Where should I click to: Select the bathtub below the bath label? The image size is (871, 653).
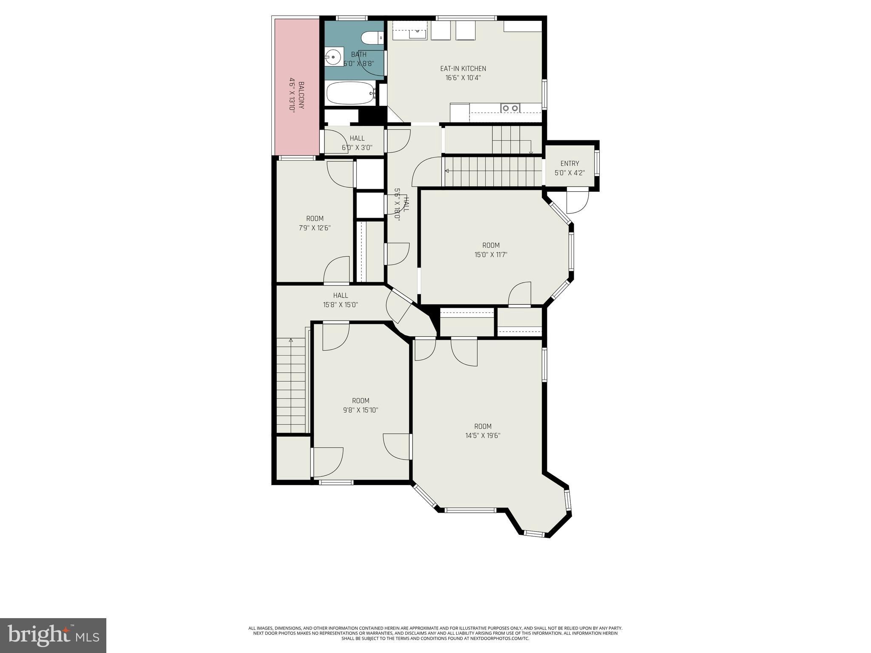(x=350, y=94)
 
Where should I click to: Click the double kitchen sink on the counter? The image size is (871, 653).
(x=510, y=108)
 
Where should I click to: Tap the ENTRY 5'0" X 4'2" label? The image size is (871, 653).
(x=569, y=168)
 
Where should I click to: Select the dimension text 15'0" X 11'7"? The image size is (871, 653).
(x=491, y=255)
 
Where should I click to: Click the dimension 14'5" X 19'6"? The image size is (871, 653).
(x=482, y=435)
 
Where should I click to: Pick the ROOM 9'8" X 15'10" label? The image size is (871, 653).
(x=361, y=405)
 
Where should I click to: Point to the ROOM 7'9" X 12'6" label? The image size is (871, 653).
(x=315, y=223)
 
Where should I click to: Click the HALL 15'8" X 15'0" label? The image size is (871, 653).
(x=340, y=300)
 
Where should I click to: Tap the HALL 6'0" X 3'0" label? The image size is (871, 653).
(x=357, y=143)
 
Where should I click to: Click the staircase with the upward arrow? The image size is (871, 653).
(x=291, y=385)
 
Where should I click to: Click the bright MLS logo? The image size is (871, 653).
(x=53, y=635)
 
